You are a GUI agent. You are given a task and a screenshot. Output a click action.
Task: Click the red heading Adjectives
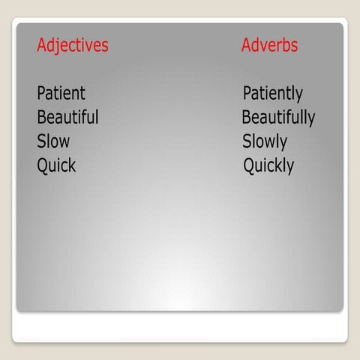(x=73, y=45)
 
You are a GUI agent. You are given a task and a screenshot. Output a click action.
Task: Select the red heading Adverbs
(x=269, y=45)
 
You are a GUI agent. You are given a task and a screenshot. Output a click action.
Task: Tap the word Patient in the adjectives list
(x=61, y=94)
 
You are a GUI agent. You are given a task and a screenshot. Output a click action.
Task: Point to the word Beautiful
(x=67, y=118)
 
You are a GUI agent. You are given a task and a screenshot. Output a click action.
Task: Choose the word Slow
(x=53, y=141)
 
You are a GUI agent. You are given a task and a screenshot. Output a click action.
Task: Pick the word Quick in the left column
(x=56, y=165)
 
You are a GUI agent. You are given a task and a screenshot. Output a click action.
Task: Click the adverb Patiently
(x=272, y=94)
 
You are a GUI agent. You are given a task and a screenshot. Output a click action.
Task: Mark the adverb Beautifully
(x=277, y=118)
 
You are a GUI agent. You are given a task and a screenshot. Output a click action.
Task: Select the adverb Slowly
(x=264, y=141)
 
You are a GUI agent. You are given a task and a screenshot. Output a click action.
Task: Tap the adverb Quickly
(x=268, y=165)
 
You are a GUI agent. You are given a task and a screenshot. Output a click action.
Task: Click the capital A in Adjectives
(x=42, y=45)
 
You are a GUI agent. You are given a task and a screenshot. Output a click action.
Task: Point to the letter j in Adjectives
(x=58, y=46)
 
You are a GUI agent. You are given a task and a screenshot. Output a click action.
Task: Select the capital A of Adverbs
(x=247, y=45)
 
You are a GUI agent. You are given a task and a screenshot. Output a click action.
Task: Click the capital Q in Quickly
(x=249, y=165)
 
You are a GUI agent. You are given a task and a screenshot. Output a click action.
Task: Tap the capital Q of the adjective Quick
(x=43, y=165)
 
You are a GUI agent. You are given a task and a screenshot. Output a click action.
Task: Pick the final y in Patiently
(x=298, y=95)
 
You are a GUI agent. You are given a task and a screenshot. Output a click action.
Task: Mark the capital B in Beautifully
(x=247, y=118)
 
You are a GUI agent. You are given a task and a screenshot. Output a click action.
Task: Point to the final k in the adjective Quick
(x=72, y=165)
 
